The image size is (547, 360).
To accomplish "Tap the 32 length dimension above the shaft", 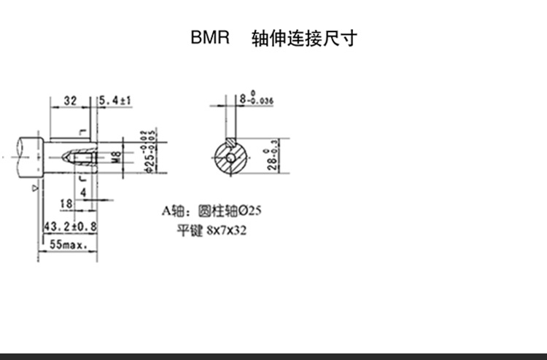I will pyautogui.click(x=70, y=101).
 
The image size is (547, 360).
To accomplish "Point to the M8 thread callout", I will pyautogui.click(x=115, y=157).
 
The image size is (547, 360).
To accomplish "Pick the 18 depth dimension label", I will pyautogui.click(x=66, y=203).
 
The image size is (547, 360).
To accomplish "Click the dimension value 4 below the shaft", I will pyautogui.click(x=84, y=192).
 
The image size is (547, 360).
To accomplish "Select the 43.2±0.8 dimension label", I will pyautogui.click(x=70, y=227).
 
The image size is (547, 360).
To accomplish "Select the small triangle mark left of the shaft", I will pyautogui.click(x=35, y=187).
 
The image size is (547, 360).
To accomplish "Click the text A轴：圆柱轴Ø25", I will pyautogui.click(x=211, y=211).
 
